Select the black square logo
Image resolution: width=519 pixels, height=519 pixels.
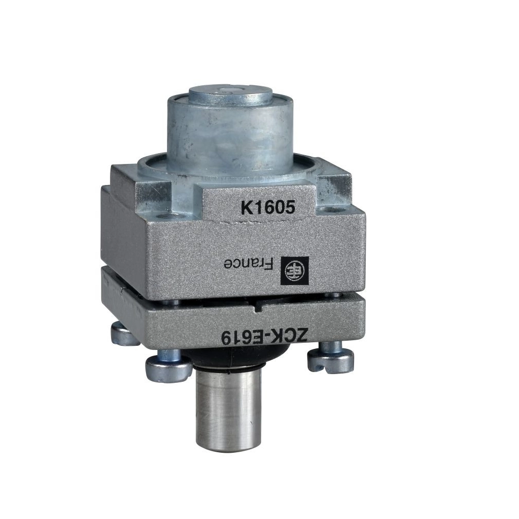[x=294, y=270]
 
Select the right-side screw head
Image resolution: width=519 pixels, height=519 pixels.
[x=330, y=359]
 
